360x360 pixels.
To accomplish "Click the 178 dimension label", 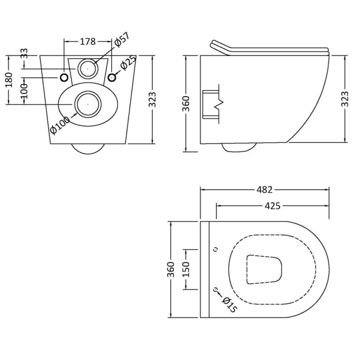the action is point(88,42).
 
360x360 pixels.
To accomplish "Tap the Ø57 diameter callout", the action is point(122,40).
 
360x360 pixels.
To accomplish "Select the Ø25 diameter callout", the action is point(128,62).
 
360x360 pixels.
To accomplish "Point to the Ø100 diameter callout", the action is point(60,125).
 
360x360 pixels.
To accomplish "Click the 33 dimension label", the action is point(24,53).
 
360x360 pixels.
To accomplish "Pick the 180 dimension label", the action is point(9,80).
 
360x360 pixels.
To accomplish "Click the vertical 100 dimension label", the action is point(24,91).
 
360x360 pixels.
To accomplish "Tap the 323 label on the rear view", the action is point(152,99).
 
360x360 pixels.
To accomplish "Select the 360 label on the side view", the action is point(186,104).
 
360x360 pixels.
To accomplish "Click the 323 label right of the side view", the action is point(345,99).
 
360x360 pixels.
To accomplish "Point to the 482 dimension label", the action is point(264,190).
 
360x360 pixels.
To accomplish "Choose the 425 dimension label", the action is point(272,206).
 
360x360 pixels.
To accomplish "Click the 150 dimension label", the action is point(186,269).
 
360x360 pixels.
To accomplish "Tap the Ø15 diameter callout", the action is point(229,305).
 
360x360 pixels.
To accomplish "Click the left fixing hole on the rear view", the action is point(64,78).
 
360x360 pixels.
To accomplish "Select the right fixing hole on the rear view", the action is point(112,78).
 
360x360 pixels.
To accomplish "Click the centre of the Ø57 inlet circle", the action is point(88,68).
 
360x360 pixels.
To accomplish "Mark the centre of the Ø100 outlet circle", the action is point(88,104).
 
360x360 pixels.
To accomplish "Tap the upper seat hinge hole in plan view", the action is point(215,249).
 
